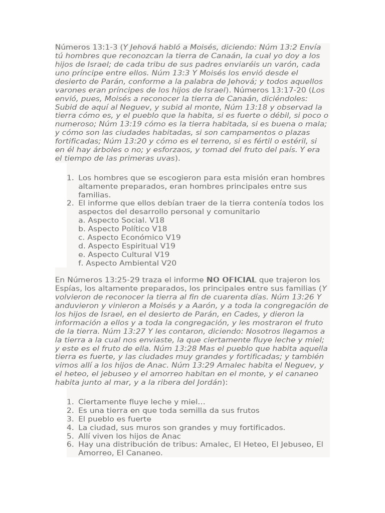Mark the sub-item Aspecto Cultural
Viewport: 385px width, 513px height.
(x=124, y=254)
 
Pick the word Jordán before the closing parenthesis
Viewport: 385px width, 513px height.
(x=209, y=382)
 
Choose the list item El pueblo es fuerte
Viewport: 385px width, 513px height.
(x=114, y=419)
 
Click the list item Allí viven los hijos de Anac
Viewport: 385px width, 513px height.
(x=129, y=436)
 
